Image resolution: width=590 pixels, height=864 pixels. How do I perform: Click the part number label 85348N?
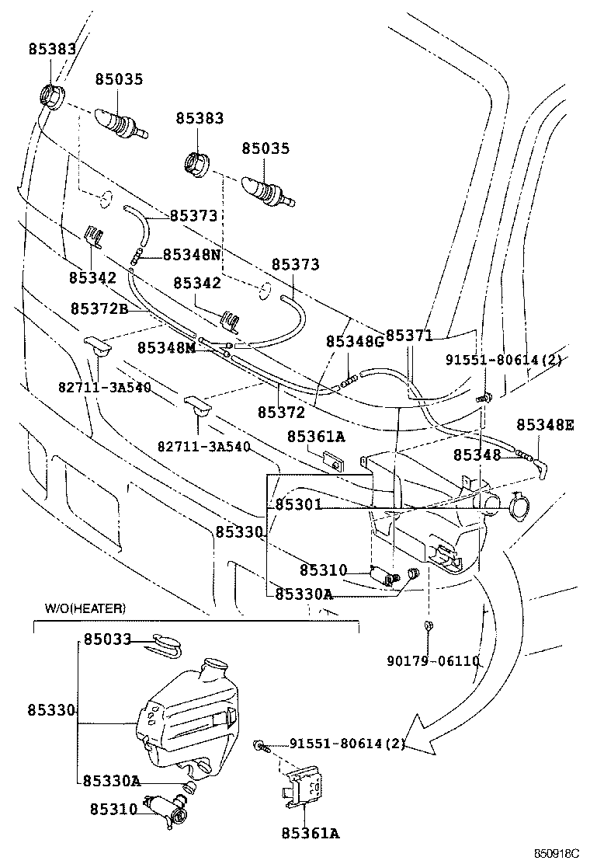tap(192, 255)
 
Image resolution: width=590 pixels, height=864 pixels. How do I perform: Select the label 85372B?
tap(99, 308)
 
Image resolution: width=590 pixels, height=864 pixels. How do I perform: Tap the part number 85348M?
tap(166, 347)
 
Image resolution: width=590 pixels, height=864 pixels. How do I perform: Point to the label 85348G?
tap(355, 342)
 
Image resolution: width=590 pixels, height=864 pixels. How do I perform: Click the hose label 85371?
tap(408, 336)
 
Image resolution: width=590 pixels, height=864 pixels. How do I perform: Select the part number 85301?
tap(298, 505)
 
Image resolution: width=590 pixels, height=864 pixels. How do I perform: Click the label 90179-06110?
tap(433, 661)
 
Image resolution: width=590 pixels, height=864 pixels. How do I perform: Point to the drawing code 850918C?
tap(557, 854)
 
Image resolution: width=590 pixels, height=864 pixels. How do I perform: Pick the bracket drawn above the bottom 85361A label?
tap(304, 788)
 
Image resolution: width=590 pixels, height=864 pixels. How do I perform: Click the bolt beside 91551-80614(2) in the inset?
tap(261, 746)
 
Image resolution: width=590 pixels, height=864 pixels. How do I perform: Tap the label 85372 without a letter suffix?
tap(281, 412)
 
